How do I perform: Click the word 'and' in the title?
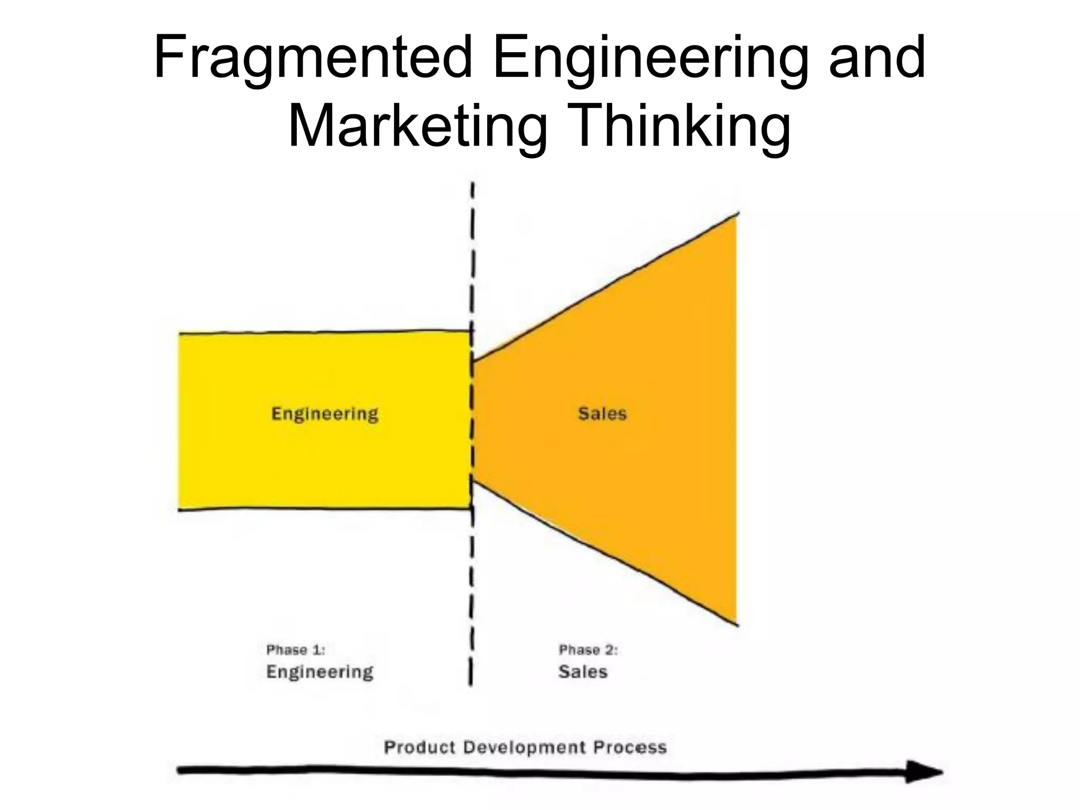pyautogui.click(x=876, y=57)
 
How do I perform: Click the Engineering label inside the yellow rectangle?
pyautogui.click(x=325, y=414)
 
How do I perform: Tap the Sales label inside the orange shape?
pyautogui.click(x=602, y=414)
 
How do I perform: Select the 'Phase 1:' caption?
pyautogui.click(x=295, y=650)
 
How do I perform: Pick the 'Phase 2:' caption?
pyautogui.click(x=588, y=650)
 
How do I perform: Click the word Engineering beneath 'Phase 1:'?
pyautogui.click(x=320, y=672)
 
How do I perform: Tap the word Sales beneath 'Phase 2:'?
pyautogui.click(x=583, y=672)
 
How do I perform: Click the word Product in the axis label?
pyautogui.click(x=419, y=747)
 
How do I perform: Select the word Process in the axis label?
pyautogui.click(x=630, y=747)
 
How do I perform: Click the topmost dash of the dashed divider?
pyautogui.click(x=473, y=190)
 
